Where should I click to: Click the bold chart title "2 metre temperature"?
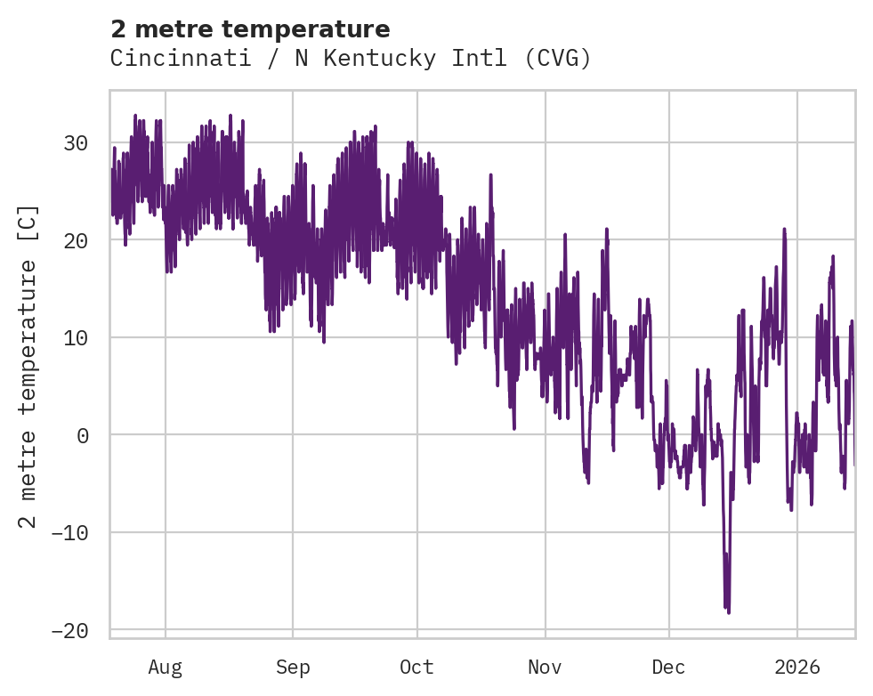250,29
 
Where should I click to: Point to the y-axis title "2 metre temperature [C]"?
28,366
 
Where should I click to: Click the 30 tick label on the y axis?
76,142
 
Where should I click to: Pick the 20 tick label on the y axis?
76,240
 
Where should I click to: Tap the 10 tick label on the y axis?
76,337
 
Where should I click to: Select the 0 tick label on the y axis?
82,435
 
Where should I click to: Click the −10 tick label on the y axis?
69,532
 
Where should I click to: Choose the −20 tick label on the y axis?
69,630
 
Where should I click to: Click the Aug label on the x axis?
165,667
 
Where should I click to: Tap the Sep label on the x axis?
292,667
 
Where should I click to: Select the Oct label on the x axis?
416,667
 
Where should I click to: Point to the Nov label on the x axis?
545,667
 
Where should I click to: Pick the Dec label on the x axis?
668,667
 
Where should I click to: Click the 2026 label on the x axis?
796,667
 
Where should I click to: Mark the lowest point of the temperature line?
729,612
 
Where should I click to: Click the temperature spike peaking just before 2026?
784,229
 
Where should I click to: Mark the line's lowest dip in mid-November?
588,482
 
